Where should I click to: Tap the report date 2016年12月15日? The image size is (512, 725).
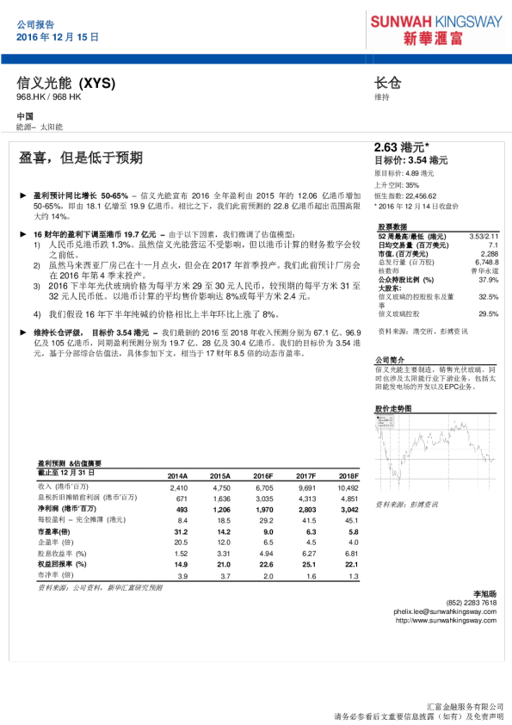click(x=58, y=38)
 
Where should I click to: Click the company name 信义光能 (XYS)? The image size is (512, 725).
click(x=65, y=84)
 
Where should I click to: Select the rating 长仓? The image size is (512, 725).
click(x=387, y=84)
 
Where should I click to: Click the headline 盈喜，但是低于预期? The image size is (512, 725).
click(x=81, y=158)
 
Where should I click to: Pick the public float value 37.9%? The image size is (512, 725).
click(x=488, y=280)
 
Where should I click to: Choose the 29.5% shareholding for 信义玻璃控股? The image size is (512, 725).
click(x=488, y=313)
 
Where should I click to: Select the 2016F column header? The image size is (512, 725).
click(x=262, y=475)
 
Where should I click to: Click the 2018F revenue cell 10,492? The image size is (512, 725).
click(x=348, y=487)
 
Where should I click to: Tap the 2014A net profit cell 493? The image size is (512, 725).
click(x=181, y=510)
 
